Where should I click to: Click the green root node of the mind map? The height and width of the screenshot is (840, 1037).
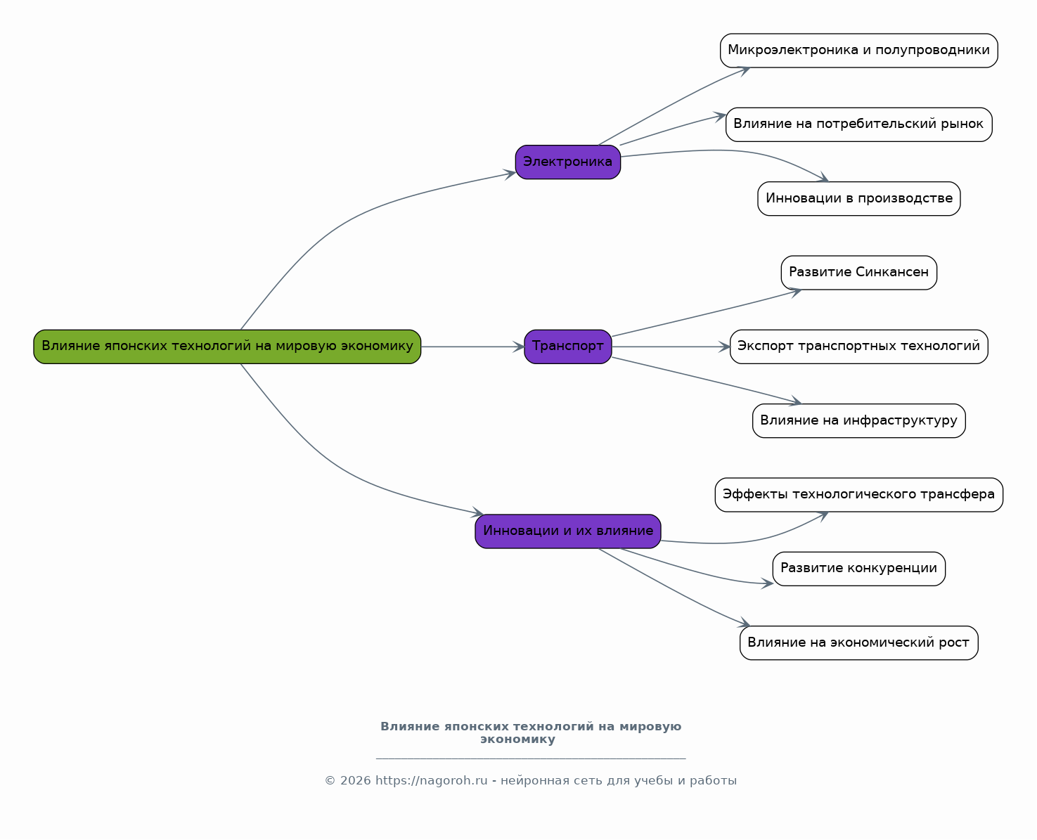(x=227, y=347)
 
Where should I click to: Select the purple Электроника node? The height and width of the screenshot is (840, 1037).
(x=567, y=162)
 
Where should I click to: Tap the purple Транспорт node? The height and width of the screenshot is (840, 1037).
(x=567, y=347)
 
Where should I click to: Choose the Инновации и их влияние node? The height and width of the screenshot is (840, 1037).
(x=567, y=531)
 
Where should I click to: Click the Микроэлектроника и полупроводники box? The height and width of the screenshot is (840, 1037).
(x=859, y=51)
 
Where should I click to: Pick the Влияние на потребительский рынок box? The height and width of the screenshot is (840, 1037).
(x=859, y=124)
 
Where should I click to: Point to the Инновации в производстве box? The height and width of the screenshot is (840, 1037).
(x=859, y=198)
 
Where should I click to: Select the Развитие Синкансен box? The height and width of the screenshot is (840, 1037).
(x=859, y=273)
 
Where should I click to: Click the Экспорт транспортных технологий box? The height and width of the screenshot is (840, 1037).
(x=859, y=347)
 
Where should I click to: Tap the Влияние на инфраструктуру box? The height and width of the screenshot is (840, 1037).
(x=859, y=420)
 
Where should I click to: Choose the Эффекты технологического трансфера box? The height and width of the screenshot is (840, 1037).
(x=859, y=494)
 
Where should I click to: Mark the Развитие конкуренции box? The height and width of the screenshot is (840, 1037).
(x=859, y=569)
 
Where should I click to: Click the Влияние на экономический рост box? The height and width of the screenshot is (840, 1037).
(x=859, y=642)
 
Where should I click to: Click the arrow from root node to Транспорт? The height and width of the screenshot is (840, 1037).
(x=472, y=347)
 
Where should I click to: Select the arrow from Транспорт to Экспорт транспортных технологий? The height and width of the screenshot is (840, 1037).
(x=671, y=347)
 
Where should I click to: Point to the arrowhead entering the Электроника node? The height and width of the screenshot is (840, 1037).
(x=510, y=174)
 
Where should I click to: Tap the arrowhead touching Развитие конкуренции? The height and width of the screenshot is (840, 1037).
(x=767, y=583)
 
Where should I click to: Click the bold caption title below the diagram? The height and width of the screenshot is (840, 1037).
(x=531, y=733)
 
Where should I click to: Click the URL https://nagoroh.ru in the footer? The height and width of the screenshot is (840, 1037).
(x=432, y=781)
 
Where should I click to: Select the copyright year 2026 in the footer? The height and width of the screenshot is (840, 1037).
(x=356, y=781)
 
